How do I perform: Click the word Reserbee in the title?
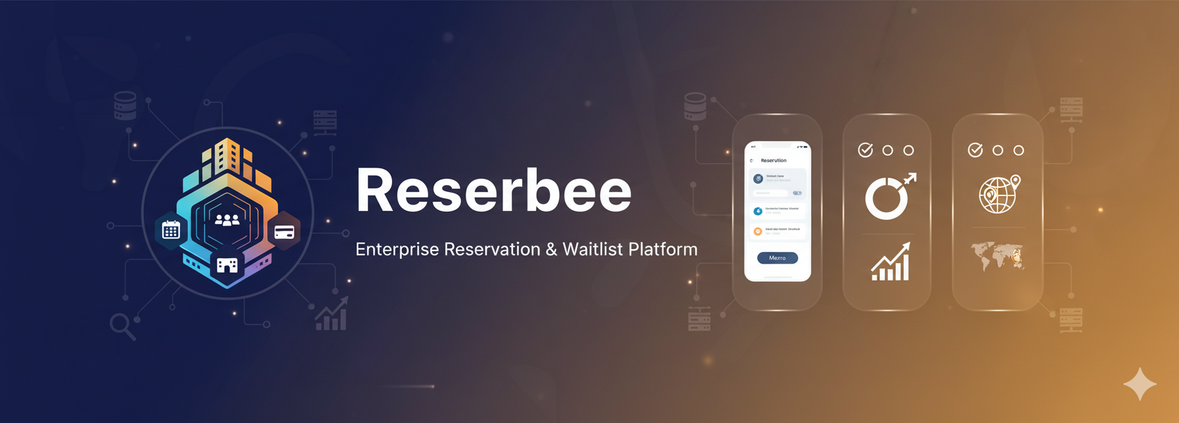494,191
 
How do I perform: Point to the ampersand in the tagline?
551,250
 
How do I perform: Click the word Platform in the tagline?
663,249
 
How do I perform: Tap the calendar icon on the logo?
171,230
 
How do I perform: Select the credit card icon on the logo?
284,232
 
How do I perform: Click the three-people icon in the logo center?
227,220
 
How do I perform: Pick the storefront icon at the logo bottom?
227,265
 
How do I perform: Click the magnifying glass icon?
122,326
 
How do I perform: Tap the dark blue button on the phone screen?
777,258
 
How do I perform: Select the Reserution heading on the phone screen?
774,161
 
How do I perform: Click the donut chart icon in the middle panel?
886,198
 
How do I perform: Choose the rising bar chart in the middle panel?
891,262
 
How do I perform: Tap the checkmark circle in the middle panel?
865,150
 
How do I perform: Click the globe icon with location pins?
998,195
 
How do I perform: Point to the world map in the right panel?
998,255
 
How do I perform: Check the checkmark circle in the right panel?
975,150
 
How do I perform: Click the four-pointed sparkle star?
1139,384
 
